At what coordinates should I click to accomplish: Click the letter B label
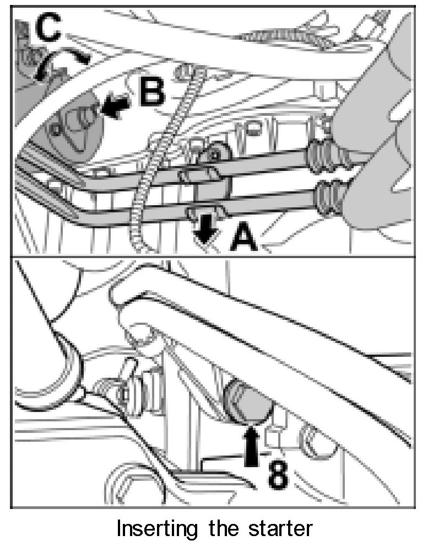[151, 90]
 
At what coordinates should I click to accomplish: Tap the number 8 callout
[278, 475]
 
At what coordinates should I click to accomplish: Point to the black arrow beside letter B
[115, 106]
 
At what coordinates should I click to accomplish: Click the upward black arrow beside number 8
[252, 447]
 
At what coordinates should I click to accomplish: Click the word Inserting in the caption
[156, 528]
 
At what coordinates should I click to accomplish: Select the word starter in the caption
[280, 528]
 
